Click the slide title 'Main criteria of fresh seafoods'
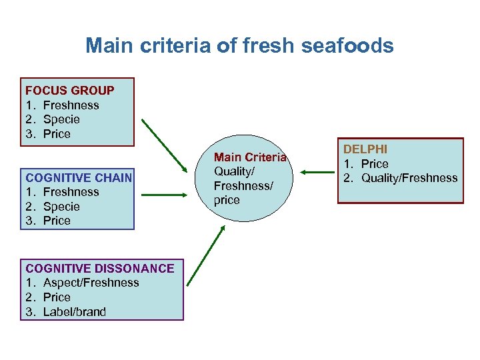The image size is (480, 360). coord(239,46)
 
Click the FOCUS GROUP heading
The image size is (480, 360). coord(69,91)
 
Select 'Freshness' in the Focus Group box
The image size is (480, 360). coord(71,105)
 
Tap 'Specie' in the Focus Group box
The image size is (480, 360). coord(61,120)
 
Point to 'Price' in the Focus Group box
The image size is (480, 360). coord(57,134)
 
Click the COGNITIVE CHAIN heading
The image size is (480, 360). coord(78,177)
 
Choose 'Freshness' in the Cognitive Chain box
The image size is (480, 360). coord(71,192)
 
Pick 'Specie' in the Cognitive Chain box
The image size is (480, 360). coord(61,207)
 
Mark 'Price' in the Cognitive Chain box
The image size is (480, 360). coord(57,221)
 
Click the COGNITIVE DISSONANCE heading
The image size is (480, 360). coord(99,268)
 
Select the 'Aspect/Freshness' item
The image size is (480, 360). coord(91,283)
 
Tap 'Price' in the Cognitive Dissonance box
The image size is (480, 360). coord(57,297)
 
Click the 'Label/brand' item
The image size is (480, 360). coord(74,312)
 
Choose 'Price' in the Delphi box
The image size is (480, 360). coord(375,164)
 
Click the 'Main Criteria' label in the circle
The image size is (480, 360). coord(250,157)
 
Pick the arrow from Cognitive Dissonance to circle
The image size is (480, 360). coord(205,256)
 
